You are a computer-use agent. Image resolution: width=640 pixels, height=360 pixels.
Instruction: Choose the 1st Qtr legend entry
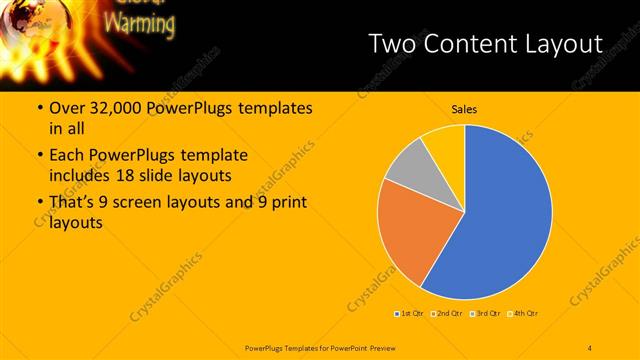tap(411, 314)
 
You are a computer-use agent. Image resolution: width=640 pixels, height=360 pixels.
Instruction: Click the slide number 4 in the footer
tap(590, 347)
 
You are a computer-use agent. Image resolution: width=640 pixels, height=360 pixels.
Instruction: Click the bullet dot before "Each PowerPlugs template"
tap(39, 156)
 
